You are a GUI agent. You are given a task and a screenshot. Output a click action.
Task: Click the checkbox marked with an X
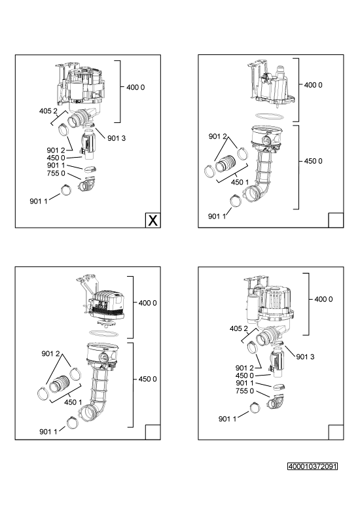click(x=153, y=220)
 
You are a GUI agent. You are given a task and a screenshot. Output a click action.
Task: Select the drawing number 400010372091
click(x=313, y=466)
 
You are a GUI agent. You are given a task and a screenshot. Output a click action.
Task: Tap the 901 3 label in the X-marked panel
click(x=117, y=138)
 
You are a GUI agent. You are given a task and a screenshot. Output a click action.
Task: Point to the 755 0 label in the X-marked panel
click(x=56, y=173)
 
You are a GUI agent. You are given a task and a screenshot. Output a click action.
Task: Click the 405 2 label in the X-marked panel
click(x=48, y=111)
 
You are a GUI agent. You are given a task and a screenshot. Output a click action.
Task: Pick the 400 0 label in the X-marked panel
click(x=135, y=87)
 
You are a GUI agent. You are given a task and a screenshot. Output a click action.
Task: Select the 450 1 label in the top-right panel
click(x=240, y=182)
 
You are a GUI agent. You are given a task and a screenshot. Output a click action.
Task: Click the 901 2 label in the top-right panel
click(x=217, y=137)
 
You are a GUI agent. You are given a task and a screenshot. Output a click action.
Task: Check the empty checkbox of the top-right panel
click(x=336, y=220)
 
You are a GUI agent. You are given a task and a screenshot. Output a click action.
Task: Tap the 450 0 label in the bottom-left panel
click(x=147, y=379)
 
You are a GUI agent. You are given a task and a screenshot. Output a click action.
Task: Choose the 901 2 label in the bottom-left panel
click(x=50, y=353)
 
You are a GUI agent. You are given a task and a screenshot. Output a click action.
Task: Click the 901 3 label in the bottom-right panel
click(x=305, y=357)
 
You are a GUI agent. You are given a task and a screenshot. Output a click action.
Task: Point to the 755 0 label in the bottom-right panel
click(x=245, y=391)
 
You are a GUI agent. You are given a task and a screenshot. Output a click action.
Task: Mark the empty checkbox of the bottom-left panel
click(x=153, y=432)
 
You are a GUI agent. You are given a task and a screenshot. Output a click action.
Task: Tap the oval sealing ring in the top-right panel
click(x=270, y=116)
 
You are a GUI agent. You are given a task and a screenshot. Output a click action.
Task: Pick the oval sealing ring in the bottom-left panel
click(x=103, y=333)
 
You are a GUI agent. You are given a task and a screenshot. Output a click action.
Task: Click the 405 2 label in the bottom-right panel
click(x=238, y=328)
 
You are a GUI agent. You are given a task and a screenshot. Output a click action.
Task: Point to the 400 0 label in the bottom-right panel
click(x=323, y=299)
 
